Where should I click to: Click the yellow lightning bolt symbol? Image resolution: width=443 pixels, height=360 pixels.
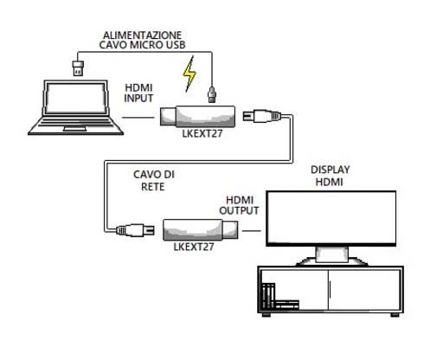[x=189, y=74]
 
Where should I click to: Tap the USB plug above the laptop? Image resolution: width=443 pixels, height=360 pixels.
[x=78, y=68]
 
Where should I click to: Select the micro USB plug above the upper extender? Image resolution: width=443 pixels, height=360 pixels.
[x=212, y=94]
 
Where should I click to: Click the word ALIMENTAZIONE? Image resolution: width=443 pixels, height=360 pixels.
[x=142, y=35]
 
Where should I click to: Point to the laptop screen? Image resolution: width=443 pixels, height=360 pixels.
[x=76, y=99]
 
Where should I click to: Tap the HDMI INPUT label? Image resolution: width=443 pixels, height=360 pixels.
[x=138, y=93]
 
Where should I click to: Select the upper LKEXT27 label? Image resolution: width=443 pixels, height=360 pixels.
[x=202, y=133]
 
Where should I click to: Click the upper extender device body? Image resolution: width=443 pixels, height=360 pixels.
[x=197, y=116]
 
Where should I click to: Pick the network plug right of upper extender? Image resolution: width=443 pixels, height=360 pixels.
[x=262, y=116]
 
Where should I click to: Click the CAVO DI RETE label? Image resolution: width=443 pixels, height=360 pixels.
[x=154, y=181]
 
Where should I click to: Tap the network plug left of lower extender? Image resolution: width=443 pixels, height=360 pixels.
[x=135, y=230]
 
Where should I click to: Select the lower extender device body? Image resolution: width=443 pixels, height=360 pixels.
[x=201, y=229]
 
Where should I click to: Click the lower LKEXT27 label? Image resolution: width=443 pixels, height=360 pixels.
[x=194, y=247]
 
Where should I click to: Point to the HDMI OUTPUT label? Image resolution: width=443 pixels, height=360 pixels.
[x=239, y=205]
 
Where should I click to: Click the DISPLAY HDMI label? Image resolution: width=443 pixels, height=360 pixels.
[x=330, y=176]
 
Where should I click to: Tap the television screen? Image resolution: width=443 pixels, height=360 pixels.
[x=331, y=218]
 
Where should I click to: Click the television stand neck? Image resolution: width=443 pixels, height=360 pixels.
[x=332, y=254]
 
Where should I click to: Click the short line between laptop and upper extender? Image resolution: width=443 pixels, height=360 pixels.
[x=138, y=118]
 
